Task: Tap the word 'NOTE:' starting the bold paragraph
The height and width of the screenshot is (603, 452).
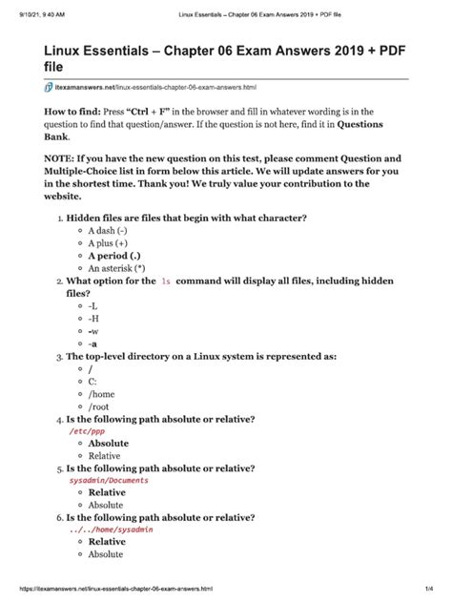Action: (x=62, y=159)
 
